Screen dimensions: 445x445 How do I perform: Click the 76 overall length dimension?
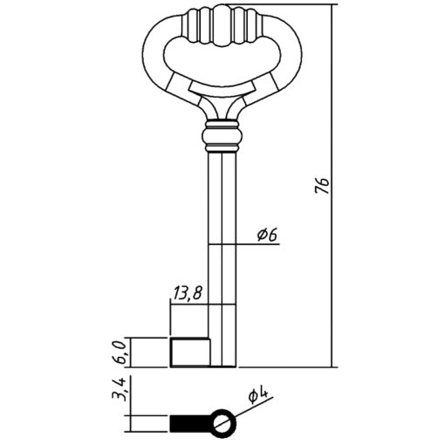(322, 185)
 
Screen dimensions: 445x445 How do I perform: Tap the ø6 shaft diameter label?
(267, 235)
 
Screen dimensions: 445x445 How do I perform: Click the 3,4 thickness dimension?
(120, 389)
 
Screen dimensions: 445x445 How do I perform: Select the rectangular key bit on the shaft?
(189, 353)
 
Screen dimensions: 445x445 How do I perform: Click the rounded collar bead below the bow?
(222, 137)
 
